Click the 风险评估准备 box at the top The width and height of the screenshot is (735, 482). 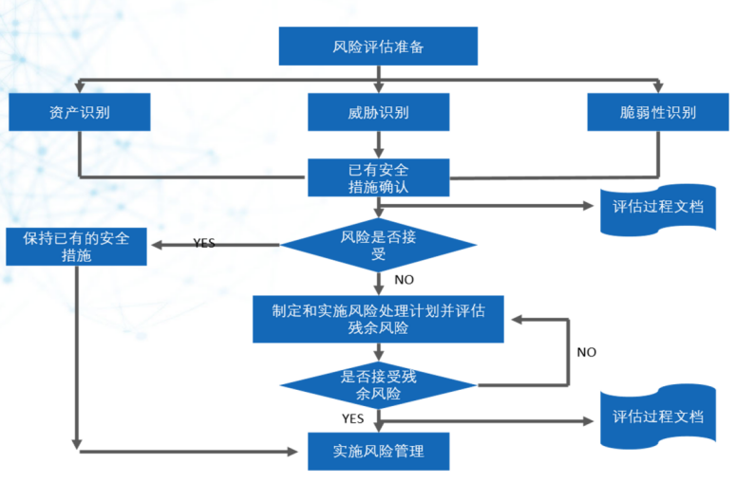point(378,46)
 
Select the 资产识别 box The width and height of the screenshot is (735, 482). point(80,112)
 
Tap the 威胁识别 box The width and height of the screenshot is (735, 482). point(378,112)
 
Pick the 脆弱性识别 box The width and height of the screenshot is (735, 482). point(656,112)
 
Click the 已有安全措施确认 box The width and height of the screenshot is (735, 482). point(378,177)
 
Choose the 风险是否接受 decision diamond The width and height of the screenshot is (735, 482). point(378,245)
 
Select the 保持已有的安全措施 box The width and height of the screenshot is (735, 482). point(76,245)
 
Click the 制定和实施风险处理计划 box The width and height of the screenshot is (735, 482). point(378,319)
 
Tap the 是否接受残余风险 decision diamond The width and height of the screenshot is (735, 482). point(378,383)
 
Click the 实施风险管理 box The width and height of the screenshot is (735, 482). point(378,451)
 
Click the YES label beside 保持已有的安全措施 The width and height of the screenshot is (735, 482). point(204,243)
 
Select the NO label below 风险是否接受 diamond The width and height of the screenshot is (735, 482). point(405,280)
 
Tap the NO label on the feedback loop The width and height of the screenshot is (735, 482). point(587,352)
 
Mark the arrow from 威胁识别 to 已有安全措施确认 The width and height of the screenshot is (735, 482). point(378,144)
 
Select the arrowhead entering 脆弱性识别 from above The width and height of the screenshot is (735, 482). point(656,88)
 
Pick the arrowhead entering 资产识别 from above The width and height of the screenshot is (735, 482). point(80,88)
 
